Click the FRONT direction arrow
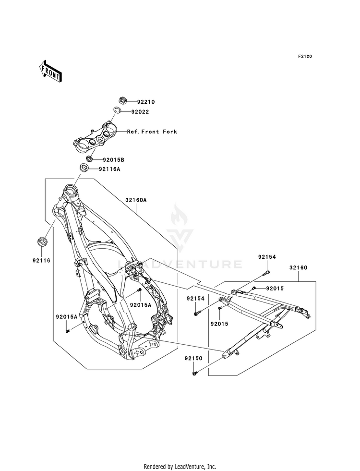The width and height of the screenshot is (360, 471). coord(50,71)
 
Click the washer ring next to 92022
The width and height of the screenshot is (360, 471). coord(118,110)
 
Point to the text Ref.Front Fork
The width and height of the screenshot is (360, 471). coord(152,132)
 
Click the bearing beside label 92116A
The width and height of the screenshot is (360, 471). coord(84,167)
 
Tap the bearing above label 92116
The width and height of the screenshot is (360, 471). coord(42,242)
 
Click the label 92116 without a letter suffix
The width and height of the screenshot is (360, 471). coord(41,260)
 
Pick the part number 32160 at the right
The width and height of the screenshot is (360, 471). coord(299,267)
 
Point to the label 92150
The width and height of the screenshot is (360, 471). coord(193,358)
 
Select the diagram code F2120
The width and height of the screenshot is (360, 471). coord(305,56)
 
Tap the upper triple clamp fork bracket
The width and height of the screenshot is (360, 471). coord(95,138)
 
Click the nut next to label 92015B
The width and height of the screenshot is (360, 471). coord(89,158)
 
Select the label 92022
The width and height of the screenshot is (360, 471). coord(140,112)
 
